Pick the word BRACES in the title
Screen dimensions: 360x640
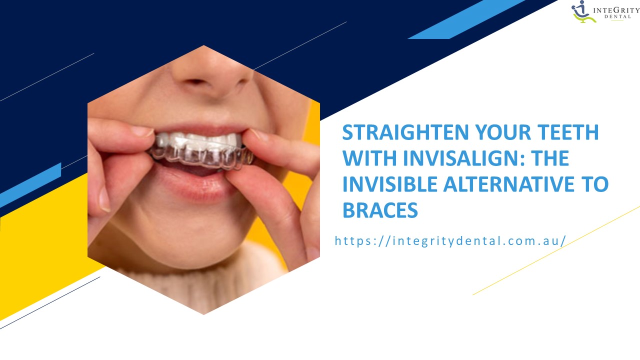(x=380, y=210)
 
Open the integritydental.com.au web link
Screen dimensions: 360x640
(x=450, y=240)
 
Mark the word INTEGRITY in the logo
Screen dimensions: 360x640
(x=615, y=8)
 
